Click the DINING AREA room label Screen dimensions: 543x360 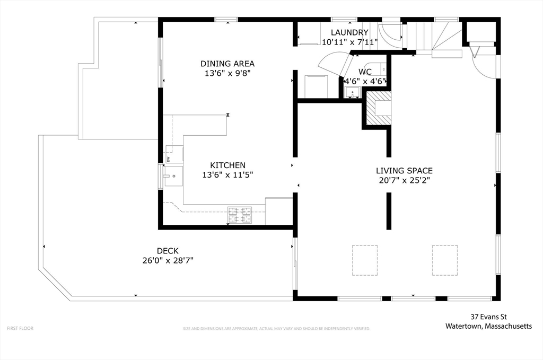[x=227, y=64]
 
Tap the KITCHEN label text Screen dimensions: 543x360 [x=227, y=165]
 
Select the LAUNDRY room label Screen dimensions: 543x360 [x=349, y=32]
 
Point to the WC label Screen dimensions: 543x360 [x=365, y=72]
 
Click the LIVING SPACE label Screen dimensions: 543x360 [x=404, y=171]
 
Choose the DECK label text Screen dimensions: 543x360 [x=168, y=251]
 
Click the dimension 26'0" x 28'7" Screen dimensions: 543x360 [x=168, y=260]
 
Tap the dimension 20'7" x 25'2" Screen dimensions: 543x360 [x=404, y=180]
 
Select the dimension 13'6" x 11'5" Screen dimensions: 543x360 [x=227, y=175]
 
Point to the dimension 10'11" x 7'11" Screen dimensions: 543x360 [x=349, y=42]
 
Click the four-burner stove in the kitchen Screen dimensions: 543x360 [x=240, y=215]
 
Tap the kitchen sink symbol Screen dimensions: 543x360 [x=173, y=176]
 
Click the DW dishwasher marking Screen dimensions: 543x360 [x=168, y=159]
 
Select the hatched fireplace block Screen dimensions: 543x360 [x=379, y=108]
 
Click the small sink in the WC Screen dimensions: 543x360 [x=353, y=92]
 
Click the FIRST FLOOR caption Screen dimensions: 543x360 [x=20, y=328]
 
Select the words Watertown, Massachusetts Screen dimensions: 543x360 [x=488, y=326]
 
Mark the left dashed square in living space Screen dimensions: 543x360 [x=365, y=260]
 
